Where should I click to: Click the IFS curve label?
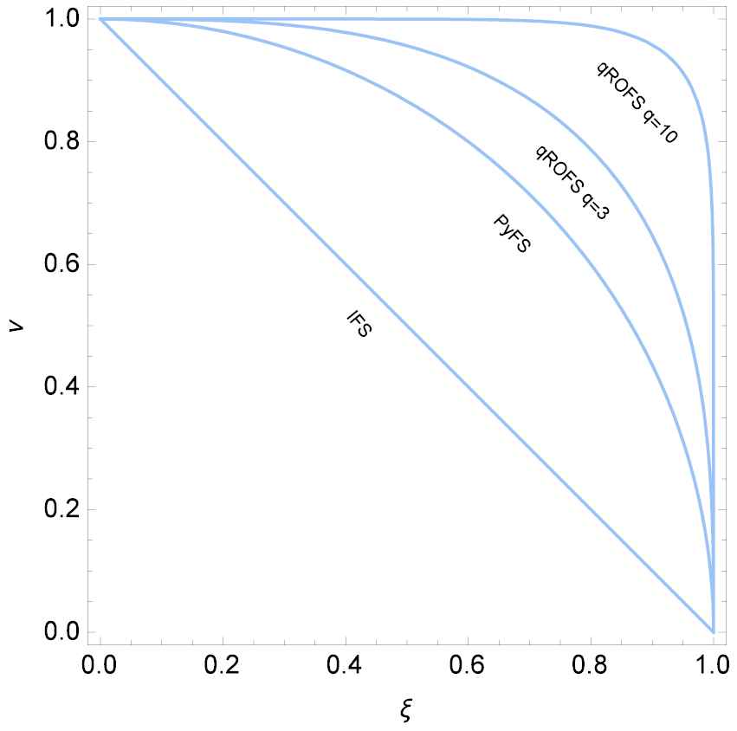click(359, 324)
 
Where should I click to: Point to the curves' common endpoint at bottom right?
click(713, 631)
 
